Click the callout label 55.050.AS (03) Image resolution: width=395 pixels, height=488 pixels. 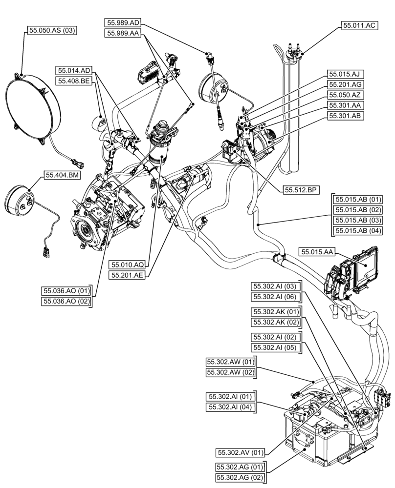(51, 30)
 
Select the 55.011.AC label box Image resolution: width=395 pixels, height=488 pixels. (359, 26)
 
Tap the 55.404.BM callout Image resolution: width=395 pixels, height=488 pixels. (63, 175)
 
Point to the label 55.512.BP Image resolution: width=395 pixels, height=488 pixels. (300, 190)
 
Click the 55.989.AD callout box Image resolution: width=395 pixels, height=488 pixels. (123, 22)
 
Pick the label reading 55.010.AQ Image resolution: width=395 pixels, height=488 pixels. (128, 264)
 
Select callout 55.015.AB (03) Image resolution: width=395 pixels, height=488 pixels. (358, 220)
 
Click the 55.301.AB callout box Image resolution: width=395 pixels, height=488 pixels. (345, 116)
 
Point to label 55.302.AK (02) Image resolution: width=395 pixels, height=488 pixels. (275, 322)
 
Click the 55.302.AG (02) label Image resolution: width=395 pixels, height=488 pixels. (239, 477)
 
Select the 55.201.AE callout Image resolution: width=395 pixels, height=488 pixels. (128, 275)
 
